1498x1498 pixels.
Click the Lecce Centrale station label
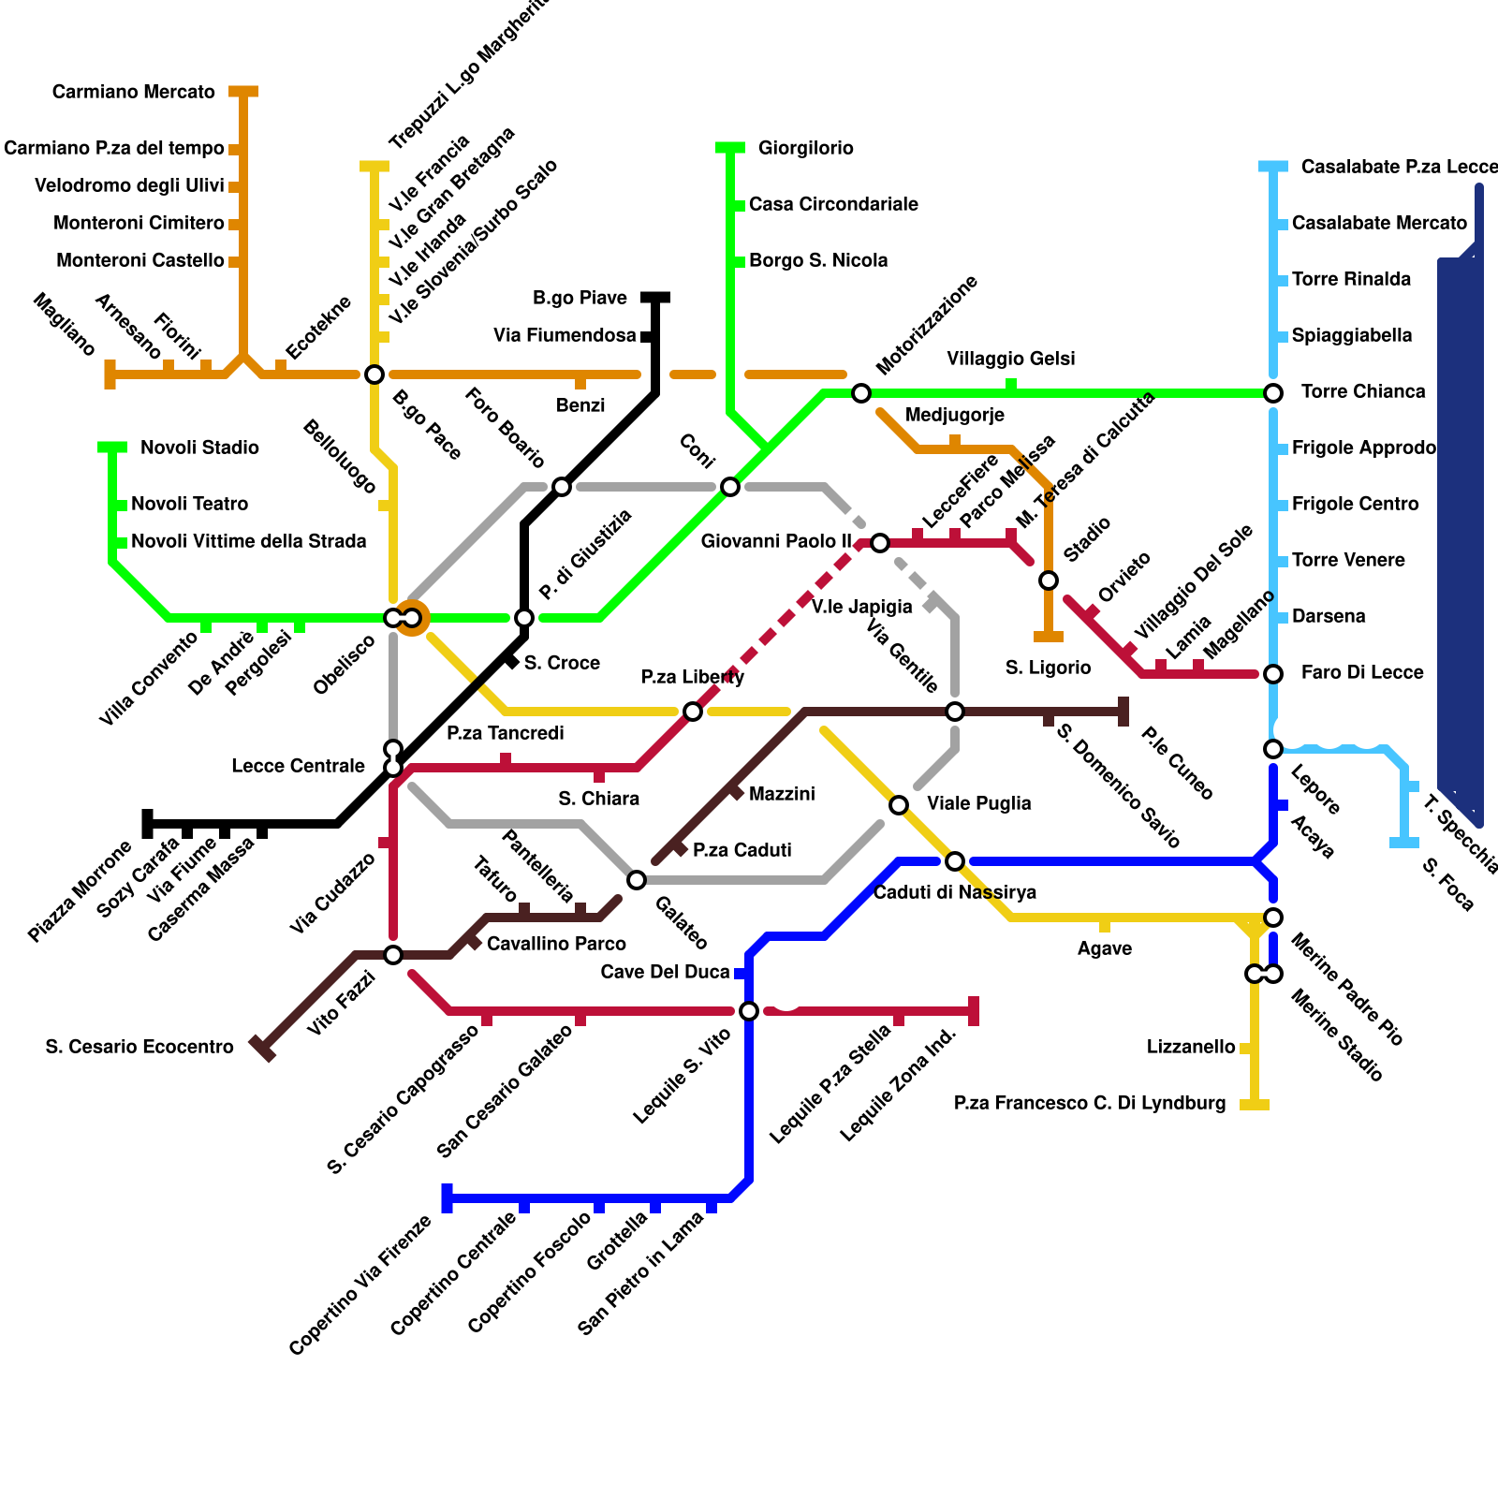click(298, 766)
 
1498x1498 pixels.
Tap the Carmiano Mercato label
click(133, 92)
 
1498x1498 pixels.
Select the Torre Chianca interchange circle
click(1273, 393)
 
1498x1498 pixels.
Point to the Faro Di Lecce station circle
click(1273, 674)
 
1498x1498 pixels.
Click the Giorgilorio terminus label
click(805, 148)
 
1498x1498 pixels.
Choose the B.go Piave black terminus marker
click(655, 298)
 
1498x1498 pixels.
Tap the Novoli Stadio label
click(199, 448)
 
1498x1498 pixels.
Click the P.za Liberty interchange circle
click(693, 712)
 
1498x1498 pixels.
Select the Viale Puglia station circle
click(899, 805)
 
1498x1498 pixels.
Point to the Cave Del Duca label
click(665, 972)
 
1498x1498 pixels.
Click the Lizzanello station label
click(1191, 1047)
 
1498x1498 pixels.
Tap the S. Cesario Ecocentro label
click(140, 1047)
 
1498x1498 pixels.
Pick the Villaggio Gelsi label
click(1011, 359)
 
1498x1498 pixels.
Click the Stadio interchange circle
click(1049, 580)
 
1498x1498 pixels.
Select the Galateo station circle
click(637, 880)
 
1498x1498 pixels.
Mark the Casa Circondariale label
click(833, 204)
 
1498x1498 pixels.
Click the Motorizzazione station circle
click(861, 393)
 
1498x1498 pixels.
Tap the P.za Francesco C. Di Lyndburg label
click(1090, 1103)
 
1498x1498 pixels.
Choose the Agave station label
click(1105, 948)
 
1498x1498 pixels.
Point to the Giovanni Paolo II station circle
click(880, 543)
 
